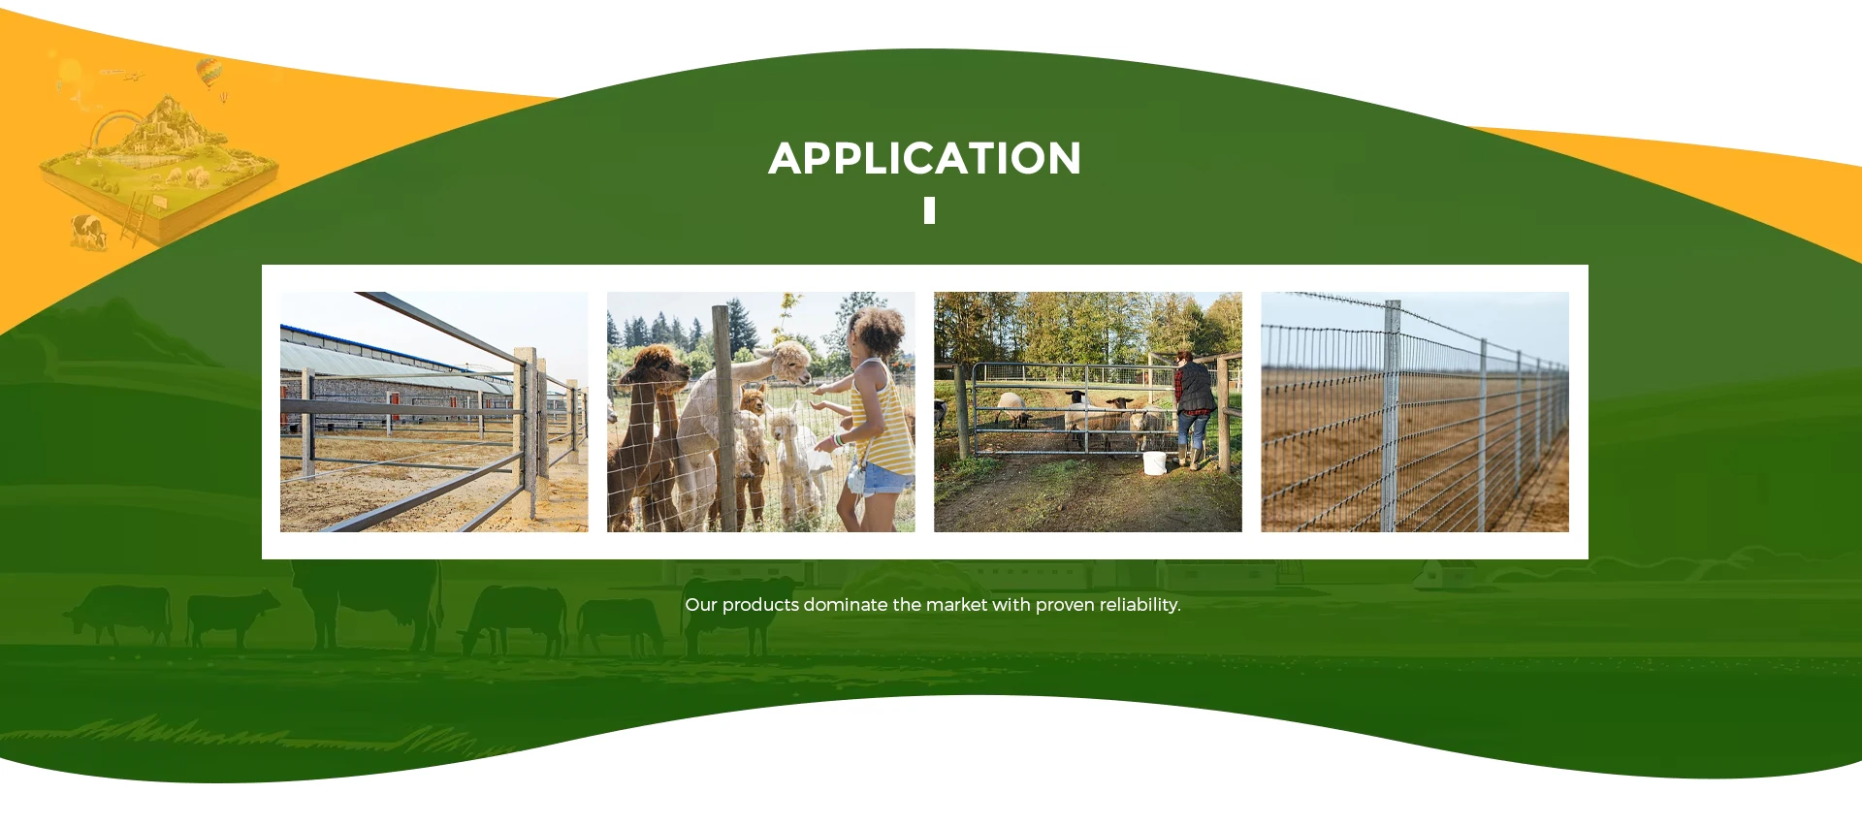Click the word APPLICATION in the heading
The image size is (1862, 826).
pos(925,158)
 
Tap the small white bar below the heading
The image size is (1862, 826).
pos(929,210)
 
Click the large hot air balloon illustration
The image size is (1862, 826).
pos(208,71)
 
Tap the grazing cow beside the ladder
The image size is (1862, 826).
pos(89,232)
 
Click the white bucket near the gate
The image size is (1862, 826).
pos(1154,463)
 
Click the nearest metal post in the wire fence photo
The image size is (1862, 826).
pos(1392,417)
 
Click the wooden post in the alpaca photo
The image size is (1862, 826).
pos(723,417)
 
